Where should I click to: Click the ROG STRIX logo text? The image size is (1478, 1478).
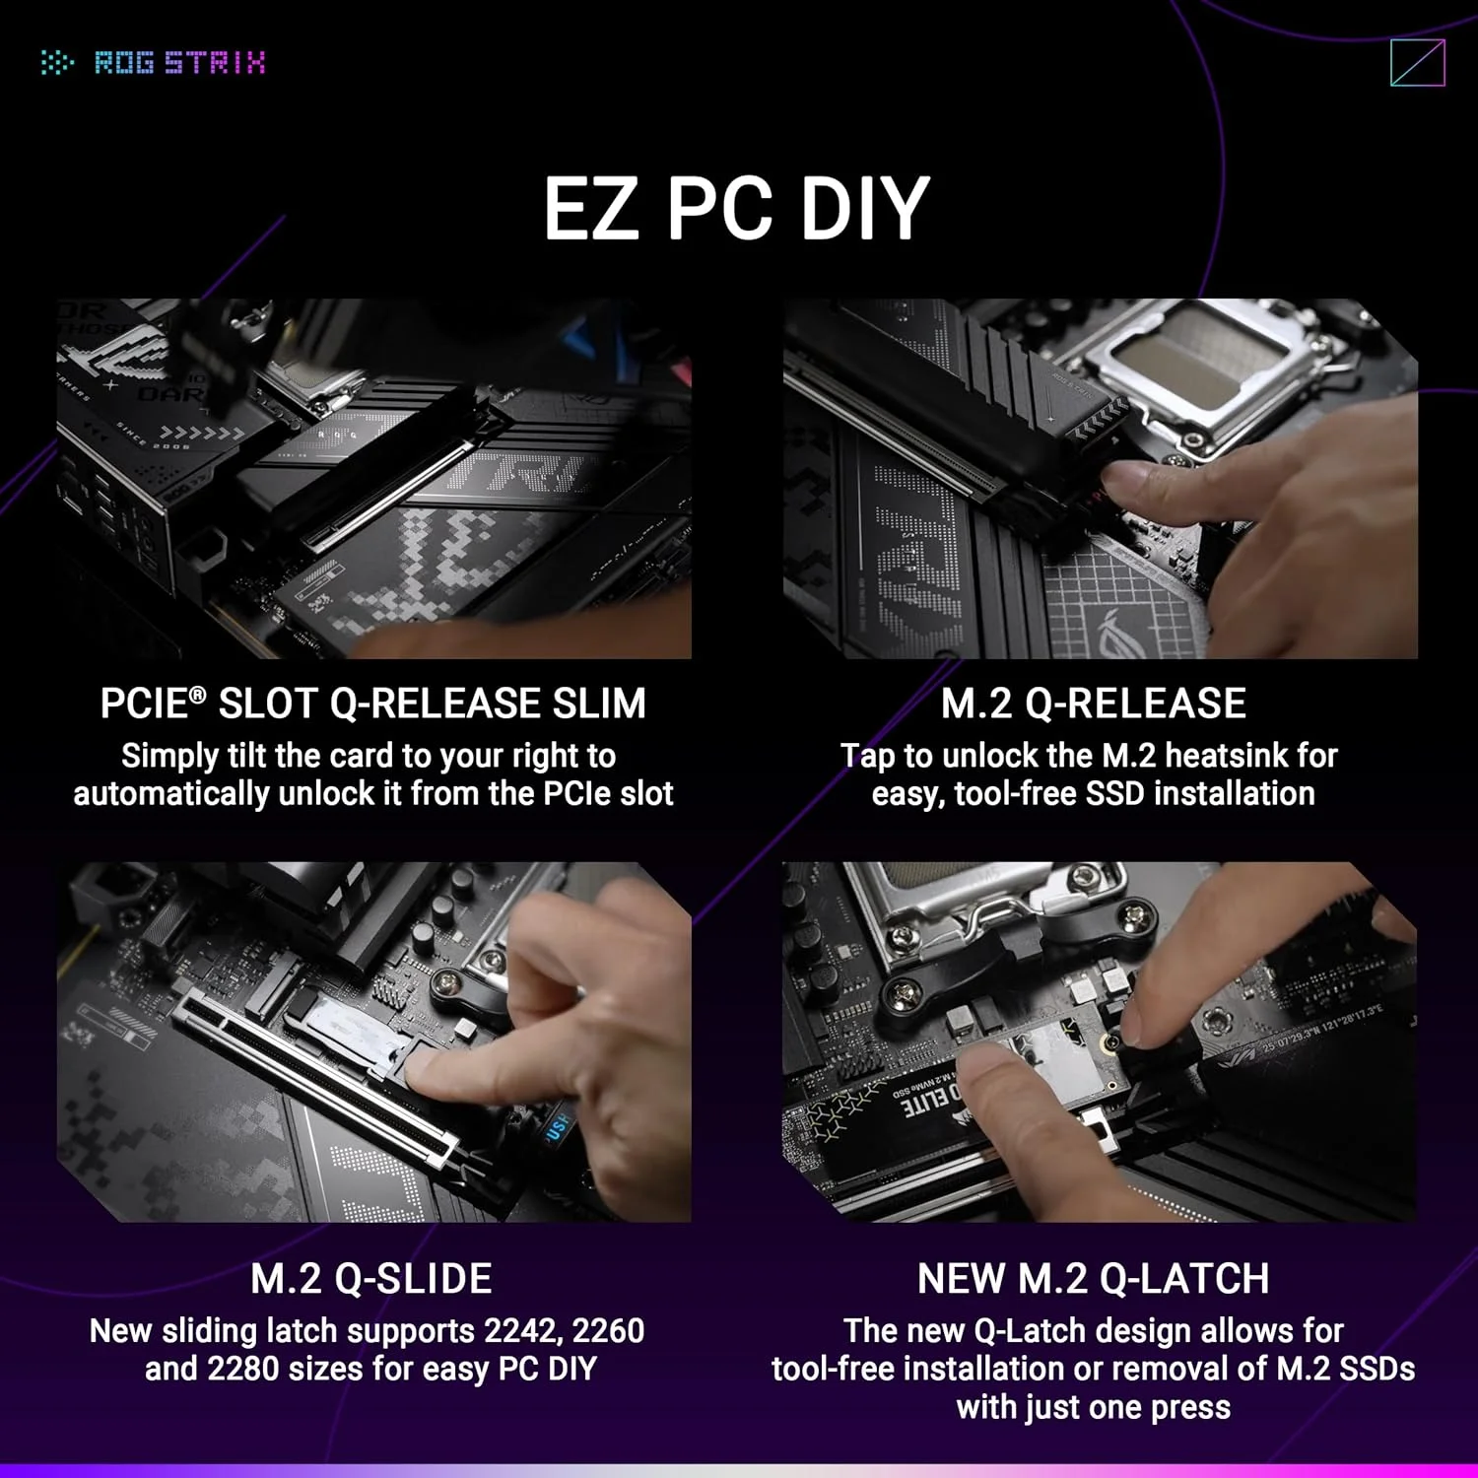(x=178, y=63)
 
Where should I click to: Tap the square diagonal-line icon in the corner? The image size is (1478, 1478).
(x=1417, y=63)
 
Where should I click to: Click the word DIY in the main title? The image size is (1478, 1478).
(x=864, y=209)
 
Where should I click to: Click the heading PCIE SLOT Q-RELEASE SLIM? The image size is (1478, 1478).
(x=372, y=704)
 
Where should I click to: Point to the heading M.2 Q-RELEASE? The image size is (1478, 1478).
(x=1093, y=704)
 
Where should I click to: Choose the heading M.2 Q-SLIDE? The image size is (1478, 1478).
(x=370, y=1279)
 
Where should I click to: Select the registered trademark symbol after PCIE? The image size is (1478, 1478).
(x=198, y=695)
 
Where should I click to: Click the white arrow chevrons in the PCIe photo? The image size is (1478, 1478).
(x=202, y=434)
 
